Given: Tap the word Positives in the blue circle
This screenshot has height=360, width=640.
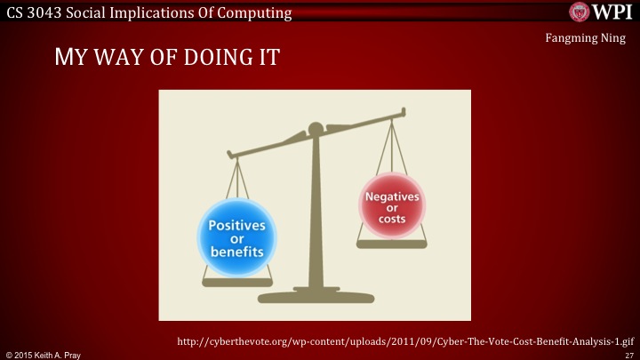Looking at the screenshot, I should [236, 226].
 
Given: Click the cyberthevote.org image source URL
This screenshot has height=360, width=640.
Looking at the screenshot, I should [404, 340].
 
